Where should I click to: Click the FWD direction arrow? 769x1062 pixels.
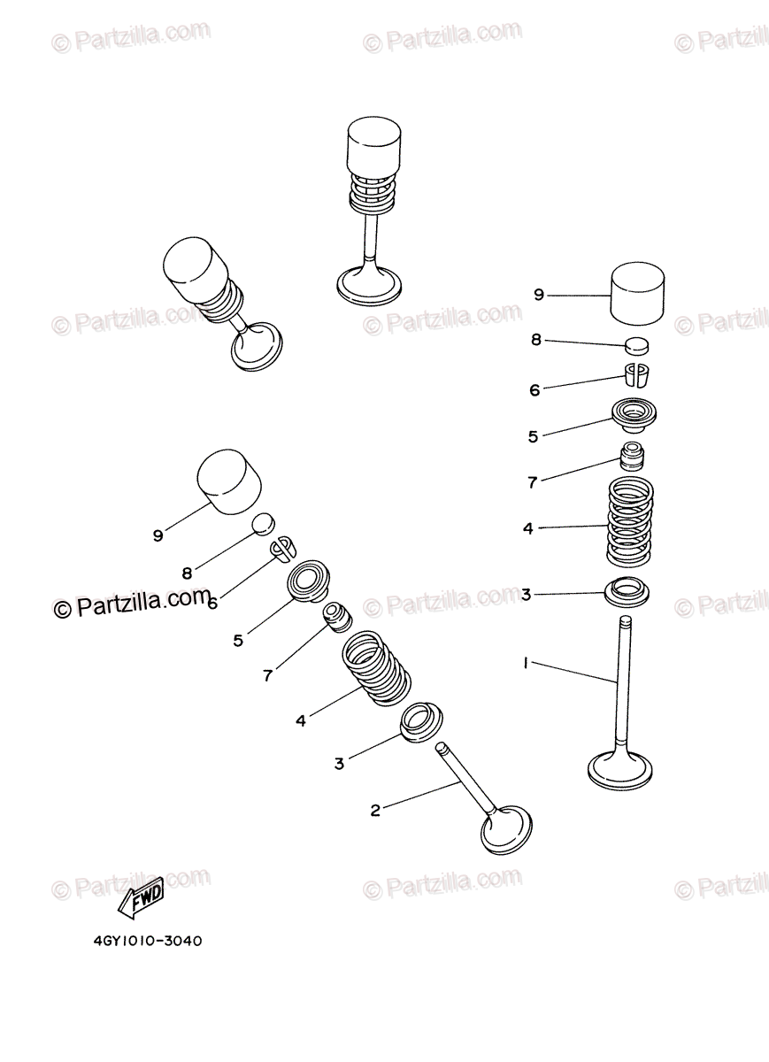tap(141, 898)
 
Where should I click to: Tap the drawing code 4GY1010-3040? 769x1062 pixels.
tap(148, 941)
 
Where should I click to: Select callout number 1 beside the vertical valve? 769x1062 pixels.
tap(526, 663)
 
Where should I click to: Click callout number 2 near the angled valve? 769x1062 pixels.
tap(375, 811)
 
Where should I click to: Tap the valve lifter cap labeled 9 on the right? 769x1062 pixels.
tap(637, 294)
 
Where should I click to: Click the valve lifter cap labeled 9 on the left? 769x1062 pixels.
tap(229, 481)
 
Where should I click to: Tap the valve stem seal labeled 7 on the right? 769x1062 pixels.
tap(632, 457)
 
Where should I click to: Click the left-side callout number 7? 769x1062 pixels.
tap(268, 675)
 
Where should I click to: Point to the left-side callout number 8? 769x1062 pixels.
tap(188, 573)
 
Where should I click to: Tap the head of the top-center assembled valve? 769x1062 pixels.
tap(369, 287)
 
